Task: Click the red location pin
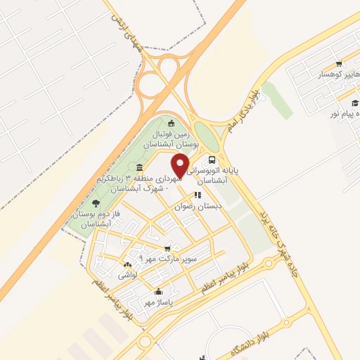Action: [x=181, y=165]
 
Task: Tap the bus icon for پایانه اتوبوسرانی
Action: [x=212, y=159]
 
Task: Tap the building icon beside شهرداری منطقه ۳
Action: [x=140, y=167]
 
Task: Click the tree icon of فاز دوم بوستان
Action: [x=105, y=203]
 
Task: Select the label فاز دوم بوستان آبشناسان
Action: [x=91, y=219]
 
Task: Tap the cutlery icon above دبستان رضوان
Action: [x=198, y=195]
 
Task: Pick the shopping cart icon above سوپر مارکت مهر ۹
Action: [x=167, y=248]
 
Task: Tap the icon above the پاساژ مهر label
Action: [x=158, y=292]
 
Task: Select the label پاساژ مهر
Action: [x=158, y=302]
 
